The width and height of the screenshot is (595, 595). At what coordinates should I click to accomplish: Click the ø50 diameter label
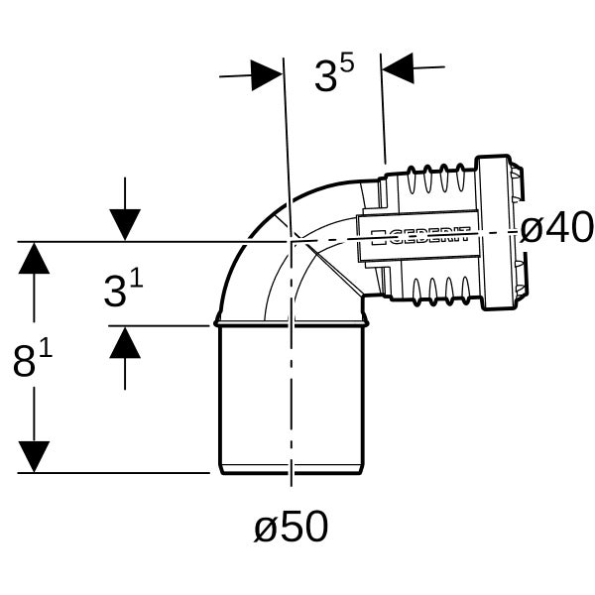(x=291, y=527)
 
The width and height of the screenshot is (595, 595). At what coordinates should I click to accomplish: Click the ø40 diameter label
(x=556, y=227)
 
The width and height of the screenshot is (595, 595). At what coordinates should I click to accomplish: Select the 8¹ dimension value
(x=33, y=358)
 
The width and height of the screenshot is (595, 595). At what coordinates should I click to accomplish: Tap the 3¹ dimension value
(x=123, y=290)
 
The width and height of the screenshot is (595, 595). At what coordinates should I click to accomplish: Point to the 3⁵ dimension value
(x=334, y=72)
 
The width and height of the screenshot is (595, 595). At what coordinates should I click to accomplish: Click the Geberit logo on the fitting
(x=420, y=236)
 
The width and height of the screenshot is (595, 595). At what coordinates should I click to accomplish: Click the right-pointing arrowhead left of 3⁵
(x=267, y=75)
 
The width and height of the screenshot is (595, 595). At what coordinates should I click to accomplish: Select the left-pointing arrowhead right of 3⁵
(x=398, y=67)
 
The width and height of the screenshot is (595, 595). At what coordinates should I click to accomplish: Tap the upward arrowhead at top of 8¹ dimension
(x=34, y=258)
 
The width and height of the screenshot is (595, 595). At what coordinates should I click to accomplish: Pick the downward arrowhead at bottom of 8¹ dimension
(x=34, y=457)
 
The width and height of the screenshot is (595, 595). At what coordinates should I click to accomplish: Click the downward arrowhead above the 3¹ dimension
(x=125, y=225)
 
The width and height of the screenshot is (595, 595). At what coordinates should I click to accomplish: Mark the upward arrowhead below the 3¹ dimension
(x=125, y=343)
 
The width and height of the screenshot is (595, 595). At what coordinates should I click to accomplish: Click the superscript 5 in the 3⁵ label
(x=347, y=62)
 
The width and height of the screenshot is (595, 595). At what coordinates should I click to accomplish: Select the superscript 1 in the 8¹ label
(x=47, y=351)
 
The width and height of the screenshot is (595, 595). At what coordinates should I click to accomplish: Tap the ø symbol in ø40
(x=531, y=231)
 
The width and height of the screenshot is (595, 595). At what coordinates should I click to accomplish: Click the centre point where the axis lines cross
(x=291, y=241)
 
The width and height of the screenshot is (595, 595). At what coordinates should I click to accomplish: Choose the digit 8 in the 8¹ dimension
(x=24, y=362)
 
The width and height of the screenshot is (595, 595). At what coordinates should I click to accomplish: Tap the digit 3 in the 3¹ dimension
(x=115, y=292)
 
